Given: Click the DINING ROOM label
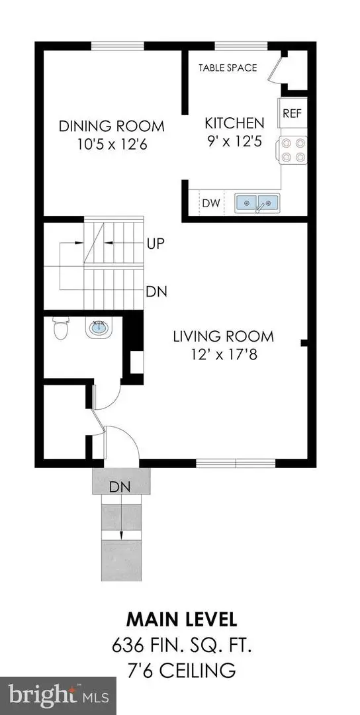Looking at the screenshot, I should point(111,126).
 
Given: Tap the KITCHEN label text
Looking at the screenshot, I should point(234,122).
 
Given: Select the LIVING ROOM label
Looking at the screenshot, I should point(223,336).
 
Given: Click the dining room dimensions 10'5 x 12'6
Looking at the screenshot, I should point(111,144).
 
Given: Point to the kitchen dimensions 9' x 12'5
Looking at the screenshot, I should point(234,140).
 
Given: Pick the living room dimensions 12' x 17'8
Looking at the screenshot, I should point(223,354).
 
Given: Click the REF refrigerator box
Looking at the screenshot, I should point(292,113).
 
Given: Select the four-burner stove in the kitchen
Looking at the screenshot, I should point(292,150).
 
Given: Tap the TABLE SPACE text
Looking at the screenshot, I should point(228,68).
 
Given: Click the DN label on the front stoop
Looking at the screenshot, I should point(120,487).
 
